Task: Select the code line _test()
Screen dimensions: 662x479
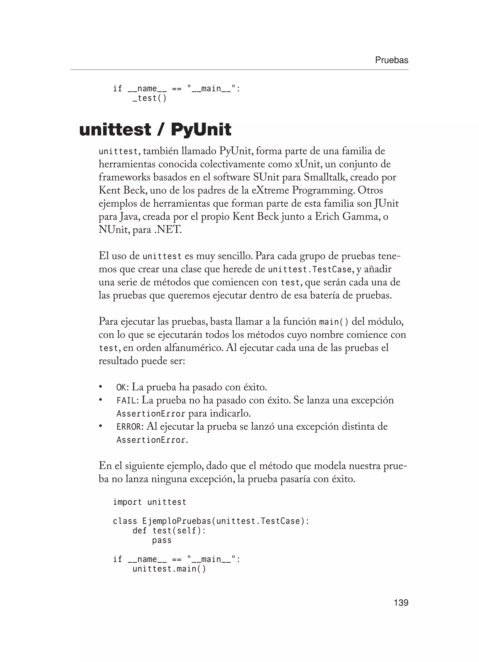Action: tap(149, 98)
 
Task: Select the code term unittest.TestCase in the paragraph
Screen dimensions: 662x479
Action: tap(310, 269)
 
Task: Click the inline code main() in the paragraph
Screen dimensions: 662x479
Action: tap(334, 322)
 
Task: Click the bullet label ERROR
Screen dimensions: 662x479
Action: tap(129, 427)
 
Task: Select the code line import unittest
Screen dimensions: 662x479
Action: tap(149, 502)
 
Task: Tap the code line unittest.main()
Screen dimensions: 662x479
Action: tap(169, 569)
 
